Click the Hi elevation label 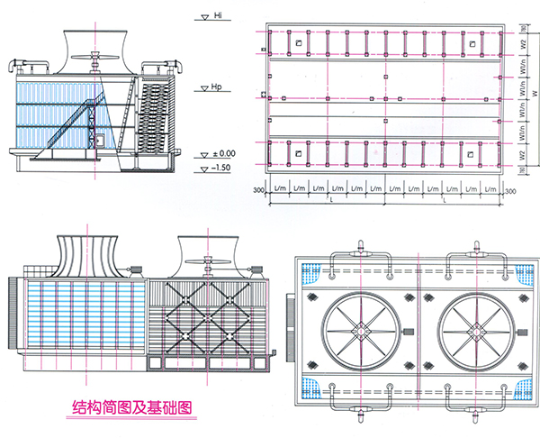point(217,15)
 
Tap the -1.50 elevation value point(222,168)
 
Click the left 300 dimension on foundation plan point(258,191)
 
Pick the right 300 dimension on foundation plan point(509,191)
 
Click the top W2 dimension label point(521,41)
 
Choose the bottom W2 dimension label point(521,155)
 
